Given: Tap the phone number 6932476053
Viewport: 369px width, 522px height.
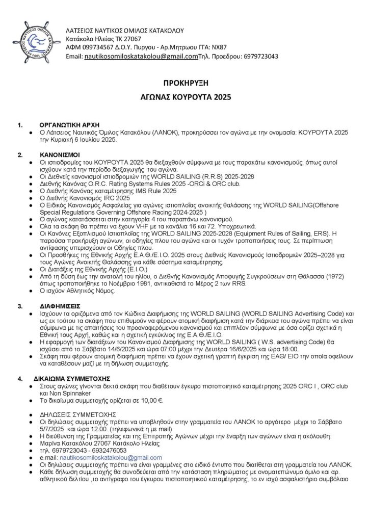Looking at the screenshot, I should [x=114, y=450].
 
